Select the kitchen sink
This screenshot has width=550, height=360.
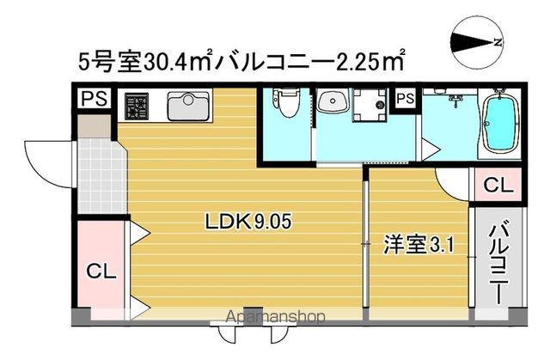185,106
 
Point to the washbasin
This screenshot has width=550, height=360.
331,104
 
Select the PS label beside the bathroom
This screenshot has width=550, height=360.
405,99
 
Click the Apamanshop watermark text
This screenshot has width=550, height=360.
275,317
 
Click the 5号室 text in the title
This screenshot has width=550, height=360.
97,63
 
